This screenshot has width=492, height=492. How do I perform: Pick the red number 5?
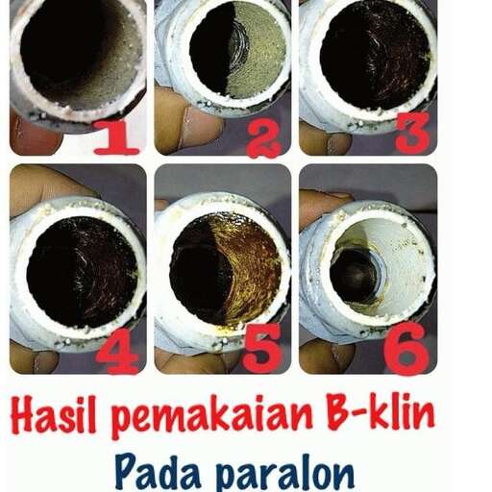pos(262,352)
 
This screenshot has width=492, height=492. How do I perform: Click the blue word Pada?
pos(157,471)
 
